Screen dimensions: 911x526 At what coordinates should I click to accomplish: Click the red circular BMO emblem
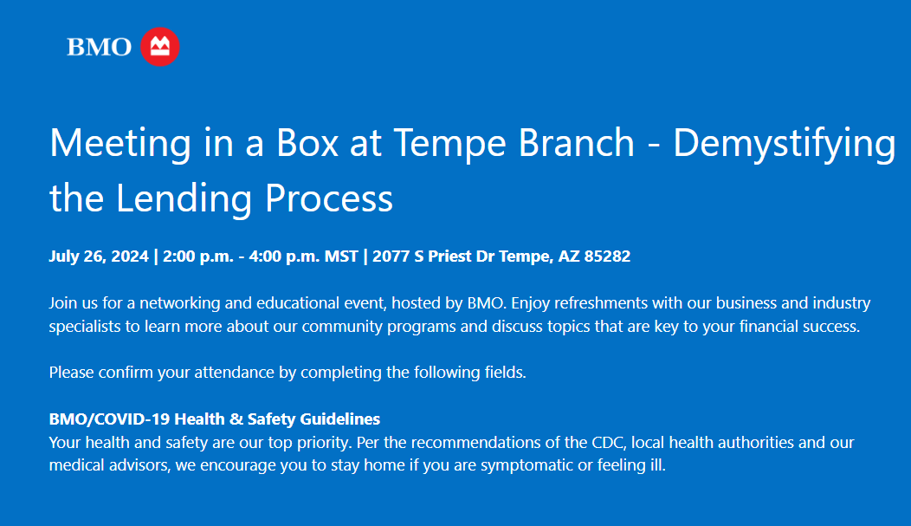coord(160,47)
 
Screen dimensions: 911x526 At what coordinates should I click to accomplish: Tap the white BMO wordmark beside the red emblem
coord(100,47)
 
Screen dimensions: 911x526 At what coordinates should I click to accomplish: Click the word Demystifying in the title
coord(785,144)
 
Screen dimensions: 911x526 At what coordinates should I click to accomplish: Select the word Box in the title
coord(307,142)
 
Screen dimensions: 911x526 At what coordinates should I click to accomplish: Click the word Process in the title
coord(329,198)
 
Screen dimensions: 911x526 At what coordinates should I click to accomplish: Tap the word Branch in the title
coord(576,142)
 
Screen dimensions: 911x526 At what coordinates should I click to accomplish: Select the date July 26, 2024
coord(99,257)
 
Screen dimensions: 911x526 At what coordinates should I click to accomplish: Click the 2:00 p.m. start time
coord(198,257)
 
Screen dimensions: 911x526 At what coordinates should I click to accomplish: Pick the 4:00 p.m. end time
coord(284,257)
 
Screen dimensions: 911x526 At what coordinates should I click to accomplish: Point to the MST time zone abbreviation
coord(341,257)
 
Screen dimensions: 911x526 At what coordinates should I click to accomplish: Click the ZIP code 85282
coord(607,257)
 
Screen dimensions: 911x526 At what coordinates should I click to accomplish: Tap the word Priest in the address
coord(449,257)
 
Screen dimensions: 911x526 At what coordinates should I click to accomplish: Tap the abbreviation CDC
coord(609,442)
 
